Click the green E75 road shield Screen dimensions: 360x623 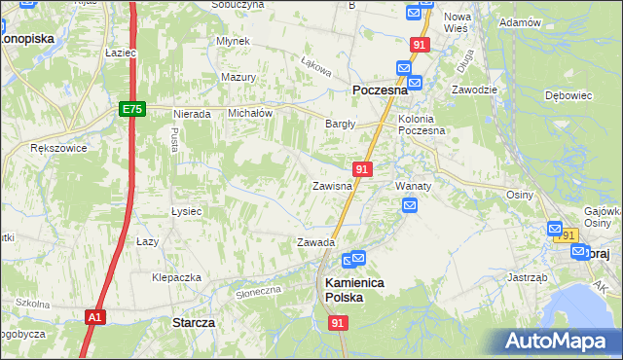click(133, 110)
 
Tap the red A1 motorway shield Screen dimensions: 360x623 click(93, 317)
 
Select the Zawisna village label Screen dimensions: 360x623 click(331, 186)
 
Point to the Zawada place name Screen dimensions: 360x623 click(315, 242)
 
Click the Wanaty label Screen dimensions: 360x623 click(413, 185)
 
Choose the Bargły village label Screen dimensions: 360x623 click(340, 124)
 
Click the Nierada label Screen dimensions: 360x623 click(192, 114)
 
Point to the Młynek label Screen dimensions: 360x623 click(235, 41)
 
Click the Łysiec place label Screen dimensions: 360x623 click(186, 211)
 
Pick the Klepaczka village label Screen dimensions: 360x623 click(176, 277)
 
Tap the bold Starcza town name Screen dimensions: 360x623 click(193, 321)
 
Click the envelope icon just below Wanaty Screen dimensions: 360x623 click(410, 205)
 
